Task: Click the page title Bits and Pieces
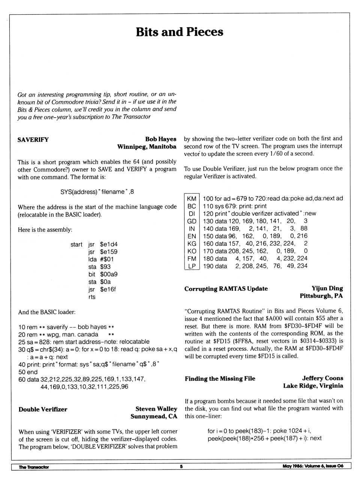[179, 32]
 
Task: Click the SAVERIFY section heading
[33, 140]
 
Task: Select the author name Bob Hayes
[160, 139]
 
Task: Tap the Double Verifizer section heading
[43, 409]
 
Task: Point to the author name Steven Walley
[156, 409]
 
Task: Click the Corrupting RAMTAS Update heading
[226, 289]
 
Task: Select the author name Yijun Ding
[327, 288]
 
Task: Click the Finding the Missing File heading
[220, 378]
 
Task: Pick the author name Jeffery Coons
[322, 378]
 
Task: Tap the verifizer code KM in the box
[192, 199]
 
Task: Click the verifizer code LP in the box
[192, 266]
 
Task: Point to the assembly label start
[76, 244]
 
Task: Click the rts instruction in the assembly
[92, 297]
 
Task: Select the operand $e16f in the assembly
[108, 289]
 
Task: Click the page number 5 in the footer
[181, 467]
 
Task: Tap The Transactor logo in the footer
[34, 467]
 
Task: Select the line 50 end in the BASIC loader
[28, 372]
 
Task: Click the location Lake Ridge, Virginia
[313, 386]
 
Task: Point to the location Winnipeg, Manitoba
[147, 147]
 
